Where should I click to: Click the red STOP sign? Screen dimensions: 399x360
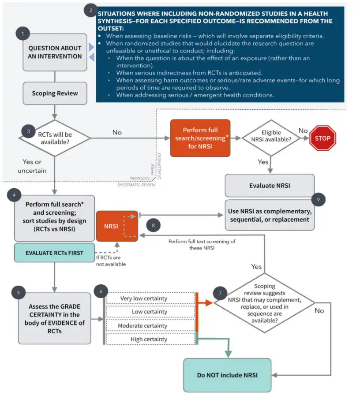coord(322,138)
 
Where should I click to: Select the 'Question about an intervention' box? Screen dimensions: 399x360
coord(55,52)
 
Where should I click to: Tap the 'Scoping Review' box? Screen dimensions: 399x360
coord(55,93)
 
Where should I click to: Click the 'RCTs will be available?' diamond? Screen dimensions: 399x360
coord(55,138)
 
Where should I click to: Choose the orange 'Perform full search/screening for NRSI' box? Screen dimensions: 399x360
coord(200,138)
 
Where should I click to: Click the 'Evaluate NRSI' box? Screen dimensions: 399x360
coord(270,186)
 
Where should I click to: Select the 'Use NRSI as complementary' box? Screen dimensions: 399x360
coord(270,215)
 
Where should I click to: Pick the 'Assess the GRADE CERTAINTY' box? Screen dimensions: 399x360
coord(55,318)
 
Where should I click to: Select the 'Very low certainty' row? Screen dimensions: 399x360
coord(150,298)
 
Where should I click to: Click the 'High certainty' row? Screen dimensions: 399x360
coord(150,339)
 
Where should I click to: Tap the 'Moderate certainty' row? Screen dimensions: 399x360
coord(150,326)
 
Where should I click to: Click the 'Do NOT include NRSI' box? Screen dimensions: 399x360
coord(227,375)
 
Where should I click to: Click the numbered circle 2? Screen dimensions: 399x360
coord(91,11)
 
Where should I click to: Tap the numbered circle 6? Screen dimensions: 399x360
coord(101,291)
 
